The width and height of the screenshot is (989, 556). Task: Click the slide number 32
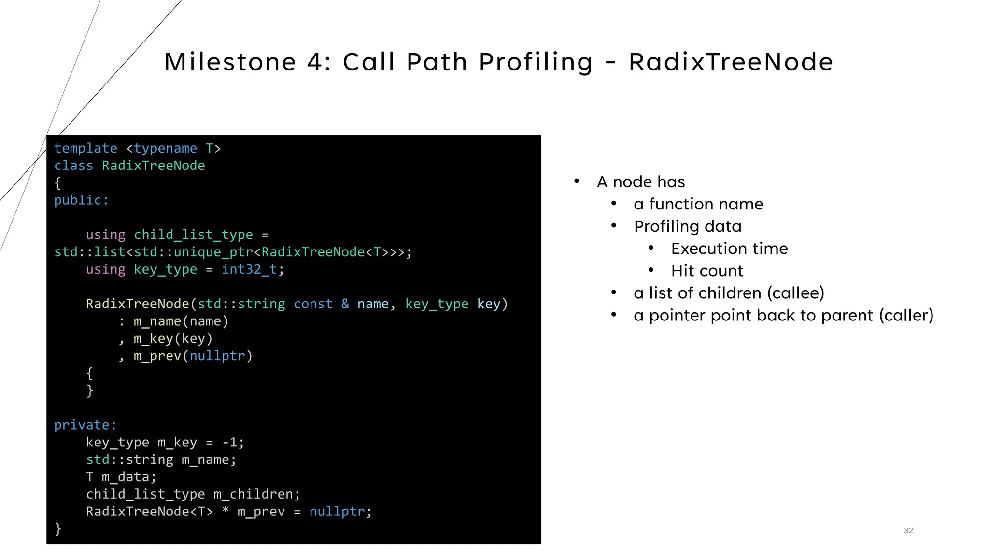[x=908, y=530]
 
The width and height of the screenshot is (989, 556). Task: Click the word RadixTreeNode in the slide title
[x=731, y=62]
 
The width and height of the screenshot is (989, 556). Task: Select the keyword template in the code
[x=85, y=148]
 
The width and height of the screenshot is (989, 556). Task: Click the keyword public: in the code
[x=81, y=200]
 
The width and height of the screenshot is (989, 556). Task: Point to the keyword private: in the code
[x=85, y=425]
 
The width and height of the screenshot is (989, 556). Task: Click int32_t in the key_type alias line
[x=249, y=269]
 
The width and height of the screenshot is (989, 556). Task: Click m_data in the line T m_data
[x=125, y=477]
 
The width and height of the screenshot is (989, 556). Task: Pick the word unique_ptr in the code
[x=213, y=252]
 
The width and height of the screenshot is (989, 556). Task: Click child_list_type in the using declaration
[x=193, y=235]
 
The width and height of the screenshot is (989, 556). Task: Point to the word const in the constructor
[x=313, y=304]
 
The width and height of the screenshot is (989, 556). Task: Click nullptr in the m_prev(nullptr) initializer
[x=217, y=356]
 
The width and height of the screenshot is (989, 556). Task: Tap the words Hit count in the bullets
[x=707, y=271]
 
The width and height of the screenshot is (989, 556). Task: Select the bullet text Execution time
[x=729, y=249]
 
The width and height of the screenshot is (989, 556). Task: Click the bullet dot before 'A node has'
[x=577, y=181]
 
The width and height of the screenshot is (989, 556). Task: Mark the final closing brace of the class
[x=58, y=529]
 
